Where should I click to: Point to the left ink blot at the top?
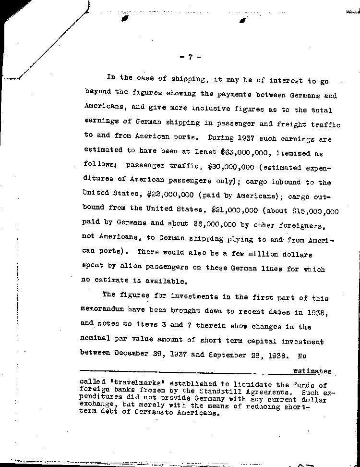[126, 19]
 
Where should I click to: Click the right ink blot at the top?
[242, 20]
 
